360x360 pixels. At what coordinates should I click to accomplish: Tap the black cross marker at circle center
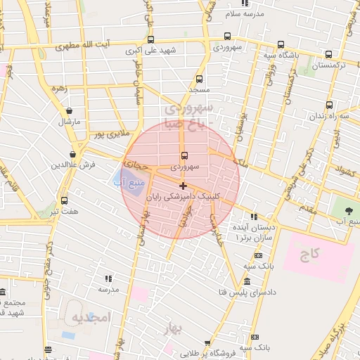click(x=184, y=186)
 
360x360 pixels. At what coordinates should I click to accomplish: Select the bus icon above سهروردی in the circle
click(x=184, y=155)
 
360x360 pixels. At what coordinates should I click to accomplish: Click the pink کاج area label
click(x=308, y=254)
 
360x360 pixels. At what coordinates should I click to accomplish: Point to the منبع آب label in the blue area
click(x=128, y=181)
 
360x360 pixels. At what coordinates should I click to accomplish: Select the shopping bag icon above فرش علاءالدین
click(x=73, y=155)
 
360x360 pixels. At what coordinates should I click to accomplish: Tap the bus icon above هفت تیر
click(x=64, y=200)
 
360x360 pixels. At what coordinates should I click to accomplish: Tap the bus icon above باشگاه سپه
click(x=281, y=44)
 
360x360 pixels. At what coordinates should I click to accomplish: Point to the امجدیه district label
click(x=91, y=318)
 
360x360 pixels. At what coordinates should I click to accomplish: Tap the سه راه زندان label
click(x=334, y=115)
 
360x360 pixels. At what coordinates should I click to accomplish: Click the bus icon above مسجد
click(x=200, y=79)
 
